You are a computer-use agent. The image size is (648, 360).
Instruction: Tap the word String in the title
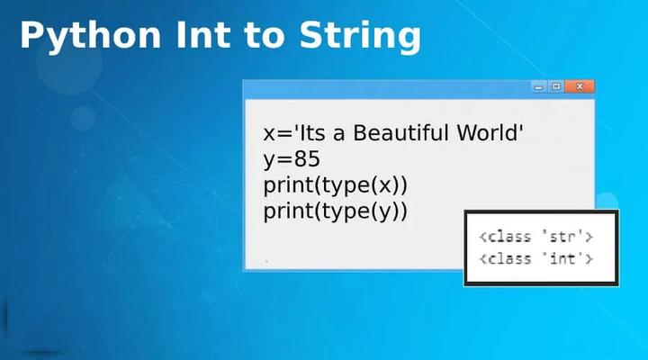[364, 36]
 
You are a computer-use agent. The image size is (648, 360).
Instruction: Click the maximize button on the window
[557, 86]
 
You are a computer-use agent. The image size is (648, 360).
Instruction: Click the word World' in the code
[490, 133]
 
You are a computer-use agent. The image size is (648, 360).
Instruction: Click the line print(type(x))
[336, 185]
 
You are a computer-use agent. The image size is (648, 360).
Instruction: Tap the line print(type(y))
[336, 211]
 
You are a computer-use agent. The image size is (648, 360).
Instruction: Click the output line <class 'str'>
[535, 238]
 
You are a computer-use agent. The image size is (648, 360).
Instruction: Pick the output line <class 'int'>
[535, 259]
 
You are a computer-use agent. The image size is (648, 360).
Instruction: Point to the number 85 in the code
[305, 159]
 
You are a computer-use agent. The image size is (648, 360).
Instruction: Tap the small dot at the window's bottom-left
[267, 261]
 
